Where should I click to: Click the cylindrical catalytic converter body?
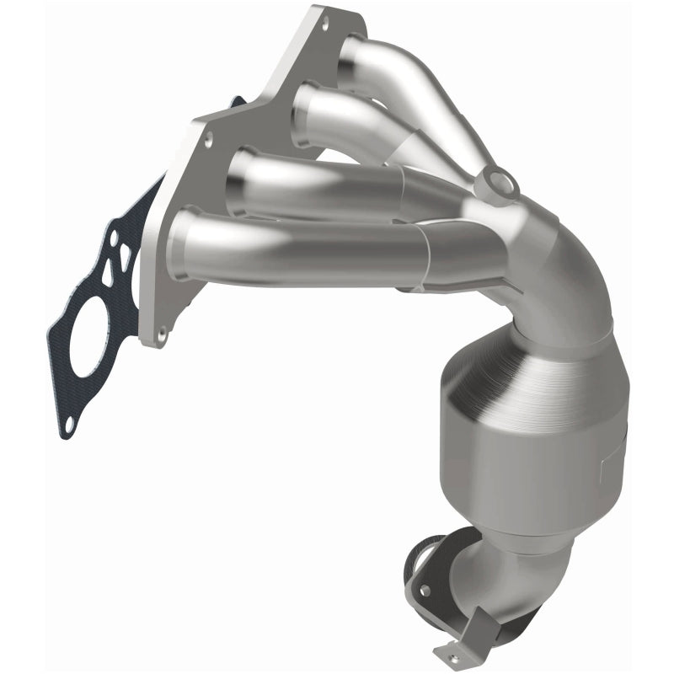click(531, 438)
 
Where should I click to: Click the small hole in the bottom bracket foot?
click(446, 650)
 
